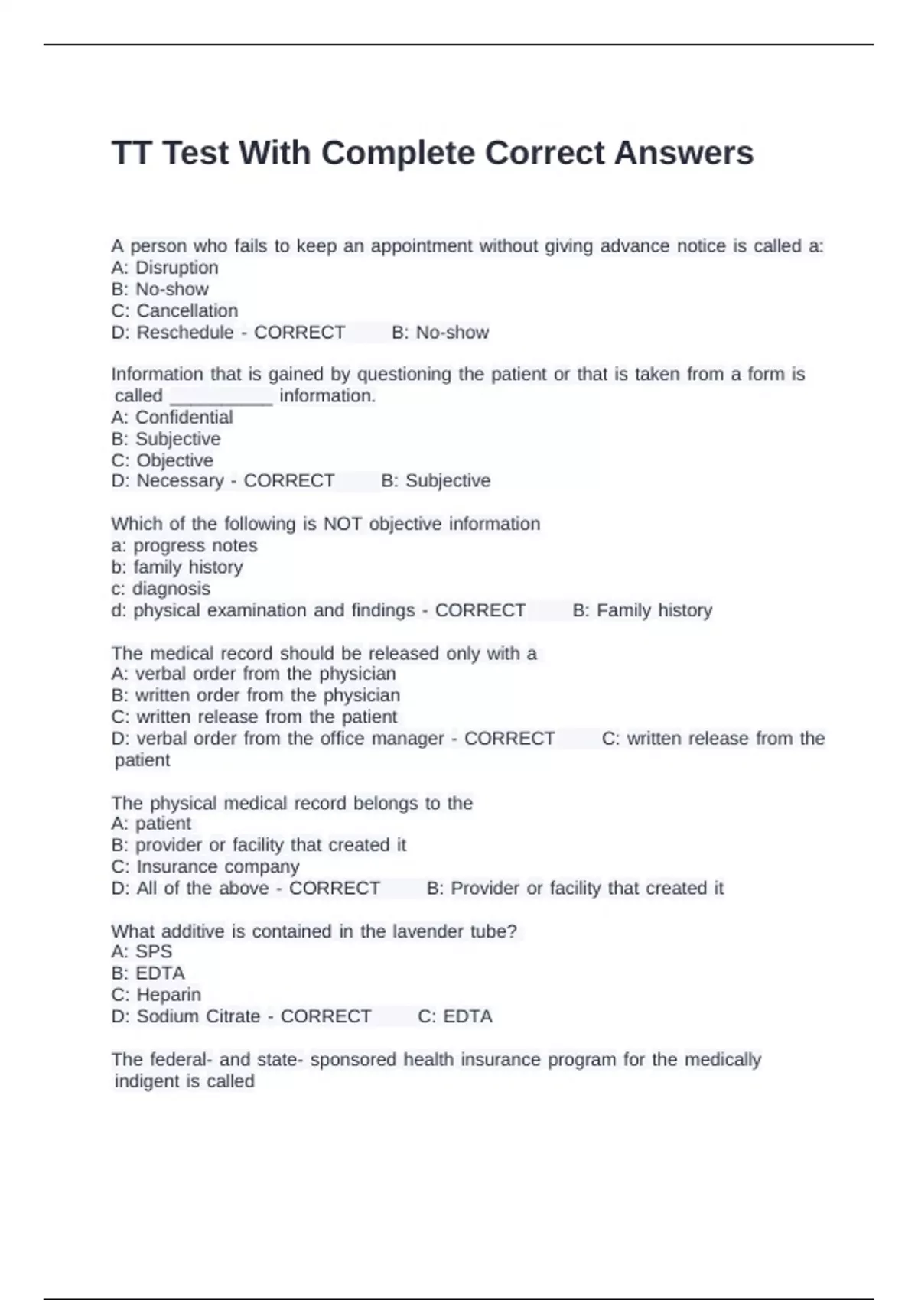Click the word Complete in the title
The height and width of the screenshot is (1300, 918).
pyautogui.click(x=398, y=154)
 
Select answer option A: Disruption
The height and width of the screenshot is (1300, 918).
pyautogui.click(x=164, y=268)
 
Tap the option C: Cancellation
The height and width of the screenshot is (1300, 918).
pyautogui.click(x=174, y=310)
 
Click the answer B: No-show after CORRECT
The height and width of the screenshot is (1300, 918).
pyautogui.click(x=440, y=333)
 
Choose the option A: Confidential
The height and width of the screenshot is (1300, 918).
pyautogui.click(x=171, y=418)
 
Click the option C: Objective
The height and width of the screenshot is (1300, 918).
pyautogui.click(x=162, y=460)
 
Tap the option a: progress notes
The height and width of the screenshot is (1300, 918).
pyautogui.click(x=184, y=546)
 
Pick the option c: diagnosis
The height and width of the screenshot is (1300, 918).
pyautogui.click(x=160, y=589)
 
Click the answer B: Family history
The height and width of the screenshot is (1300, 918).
pyautogui.click(x=642, y=610)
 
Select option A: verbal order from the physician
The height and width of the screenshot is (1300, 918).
pyautogui.click(x=253, y=674)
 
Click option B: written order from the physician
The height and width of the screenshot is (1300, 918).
pyautogui.click(x=256, y=695)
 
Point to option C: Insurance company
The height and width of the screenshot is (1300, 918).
pyautogui.click(x=205, y=866)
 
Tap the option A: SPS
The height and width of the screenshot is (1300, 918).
pyautogui.click(x=142, y=952)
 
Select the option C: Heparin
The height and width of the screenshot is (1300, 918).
pyautogui.click(x=156, y=995)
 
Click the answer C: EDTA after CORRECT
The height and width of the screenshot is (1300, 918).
pyautogui.click(x=454, y=1016)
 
